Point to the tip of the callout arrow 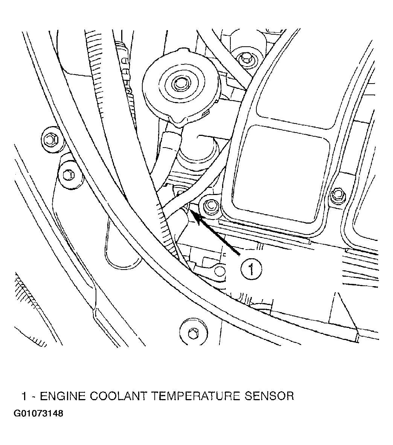(x=191, y=210)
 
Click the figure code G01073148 (x=38, y=413)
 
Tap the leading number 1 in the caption (x=25, y=396)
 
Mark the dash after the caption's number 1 (x=34, y=397)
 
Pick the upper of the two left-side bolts (x=51, y=139)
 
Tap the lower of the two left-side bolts (x=69, y=174)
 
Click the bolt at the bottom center (x=193, y=331)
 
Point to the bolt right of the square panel (x=338, y=194)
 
